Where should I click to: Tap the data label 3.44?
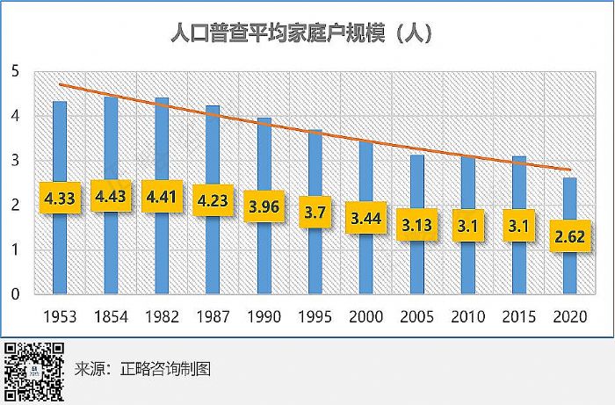pyautogui.click(x=366, y=216)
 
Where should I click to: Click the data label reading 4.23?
pyautogui.click(x=213, y=199)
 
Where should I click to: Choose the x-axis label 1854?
pyautogui.click(x=111, y=315)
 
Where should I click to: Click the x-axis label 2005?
pyautogui.click(x=417, y=315)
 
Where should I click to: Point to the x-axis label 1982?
pyautogui.click(x=162, y=315)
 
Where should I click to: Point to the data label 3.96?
pyautogui.click(x=264, y=206)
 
